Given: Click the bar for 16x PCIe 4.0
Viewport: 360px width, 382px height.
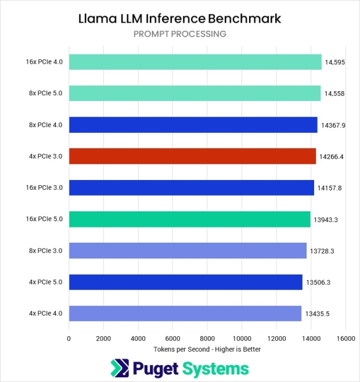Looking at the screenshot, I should pos(195,62).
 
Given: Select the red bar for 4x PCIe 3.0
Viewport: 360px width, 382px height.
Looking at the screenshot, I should pos(192,156).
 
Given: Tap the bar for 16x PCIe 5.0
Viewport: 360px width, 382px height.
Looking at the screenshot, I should pos(189,219).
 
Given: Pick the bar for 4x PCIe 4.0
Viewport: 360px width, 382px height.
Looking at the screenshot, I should pos(185,313).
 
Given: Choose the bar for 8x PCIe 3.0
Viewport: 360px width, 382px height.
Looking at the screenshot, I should pos(188,251).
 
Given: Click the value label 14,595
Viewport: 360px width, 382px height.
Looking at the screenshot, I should pos(336,62).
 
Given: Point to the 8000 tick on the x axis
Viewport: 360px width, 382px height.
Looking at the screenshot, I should pos(207,338).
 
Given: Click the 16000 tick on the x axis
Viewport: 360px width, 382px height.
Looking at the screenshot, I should pos(345,338).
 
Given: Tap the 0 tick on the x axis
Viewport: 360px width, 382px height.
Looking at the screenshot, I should pos(69,338).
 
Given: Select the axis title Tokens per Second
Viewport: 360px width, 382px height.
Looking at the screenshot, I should pos(207,349).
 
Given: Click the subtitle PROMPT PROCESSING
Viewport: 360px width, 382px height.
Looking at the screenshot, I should pos(179,34).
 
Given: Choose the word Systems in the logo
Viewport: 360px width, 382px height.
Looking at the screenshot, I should pos(215,369).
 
